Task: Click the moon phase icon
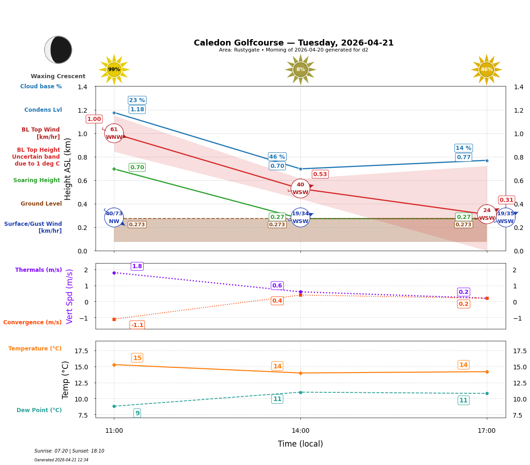58,50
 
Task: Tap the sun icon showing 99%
114,69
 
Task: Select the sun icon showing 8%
300,69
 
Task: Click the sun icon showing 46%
486,69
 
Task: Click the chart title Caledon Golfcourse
293,43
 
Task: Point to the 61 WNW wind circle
114,133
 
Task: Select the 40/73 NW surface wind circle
114,217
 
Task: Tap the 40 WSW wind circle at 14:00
300,189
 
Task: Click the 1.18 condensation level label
137,109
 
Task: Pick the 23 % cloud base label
137,100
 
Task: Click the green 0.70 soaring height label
137,167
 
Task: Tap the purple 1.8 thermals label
137,266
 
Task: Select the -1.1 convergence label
137,325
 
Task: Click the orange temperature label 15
137,358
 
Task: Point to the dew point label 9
137,413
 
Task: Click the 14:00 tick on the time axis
300,431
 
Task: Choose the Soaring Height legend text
37,180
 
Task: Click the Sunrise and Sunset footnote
69,451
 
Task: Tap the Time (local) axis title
300,444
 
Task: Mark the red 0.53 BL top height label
320,174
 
